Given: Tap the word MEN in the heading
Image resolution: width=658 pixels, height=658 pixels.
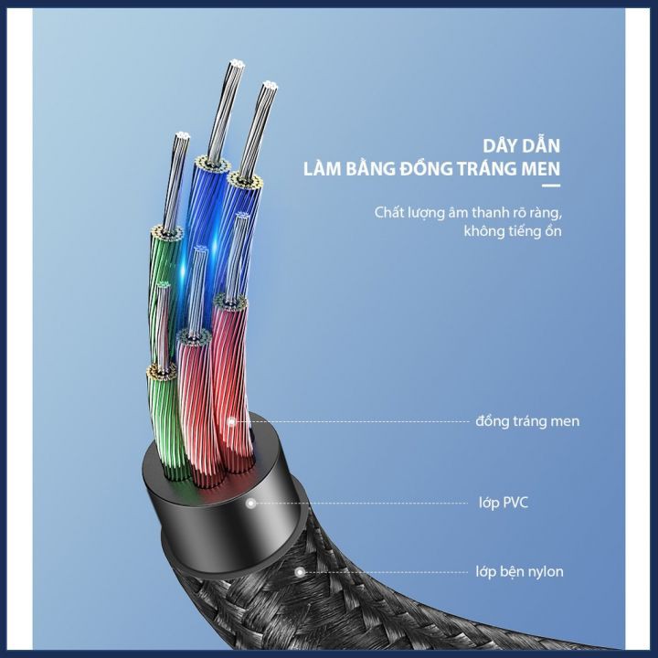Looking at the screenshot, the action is (539, 169).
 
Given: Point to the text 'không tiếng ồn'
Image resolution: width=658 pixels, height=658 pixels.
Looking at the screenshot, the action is (512, 231).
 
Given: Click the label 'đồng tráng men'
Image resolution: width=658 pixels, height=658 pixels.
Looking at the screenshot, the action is (527, 421).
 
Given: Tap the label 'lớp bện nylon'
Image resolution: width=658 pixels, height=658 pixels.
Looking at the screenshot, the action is (519, 572).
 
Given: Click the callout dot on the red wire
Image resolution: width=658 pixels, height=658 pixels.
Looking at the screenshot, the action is (232, 421).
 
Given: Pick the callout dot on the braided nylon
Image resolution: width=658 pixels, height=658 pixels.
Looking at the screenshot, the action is (299, 572).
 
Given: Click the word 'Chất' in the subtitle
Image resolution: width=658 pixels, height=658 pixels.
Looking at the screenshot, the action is (389, 213).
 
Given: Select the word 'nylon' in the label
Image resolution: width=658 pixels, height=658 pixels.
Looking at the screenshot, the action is (546, 572).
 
